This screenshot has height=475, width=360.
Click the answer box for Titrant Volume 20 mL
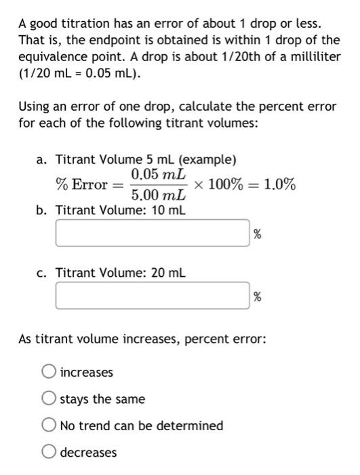(x=153, y=297)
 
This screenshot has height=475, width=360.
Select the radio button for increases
(x=48, y=373)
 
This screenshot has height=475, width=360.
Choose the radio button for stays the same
(x=48, y=399)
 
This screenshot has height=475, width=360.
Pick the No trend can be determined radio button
(x=48, y=425)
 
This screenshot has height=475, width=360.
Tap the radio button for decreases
(x=48, y=452)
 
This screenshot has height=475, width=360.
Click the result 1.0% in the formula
(x=279, y=185)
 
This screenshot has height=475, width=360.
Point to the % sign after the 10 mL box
(x=257, y=235)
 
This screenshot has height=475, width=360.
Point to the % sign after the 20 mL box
(x=257, y=297)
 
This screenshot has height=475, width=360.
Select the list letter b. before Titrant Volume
(x=43, y=210)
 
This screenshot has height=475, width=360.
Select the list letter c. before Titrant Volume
(x=43, y=273)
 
